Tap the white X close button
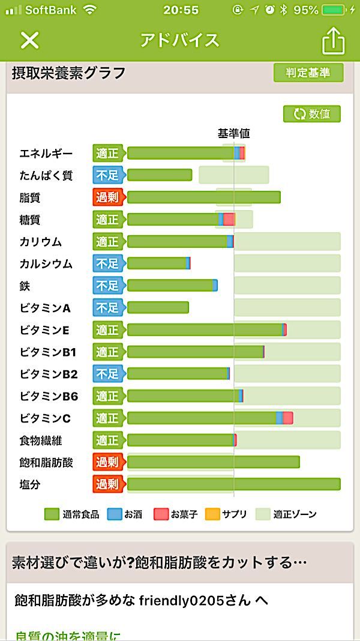pyautogui.click(x=29, y=40)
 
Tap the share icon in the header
pyautogui.click(x=334, y=41)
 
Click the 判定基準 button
pyautogui.click(x=308, y=73)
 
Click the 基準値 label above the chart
pyautogui.click(x=233, y=134)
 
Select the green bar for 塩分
pyautogui.click(x=233, y=484)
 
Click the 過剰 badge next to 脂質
pyautogui.click(x=107, y=197)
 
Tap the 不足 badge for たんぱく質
pyautogui.click(x=107, y=175)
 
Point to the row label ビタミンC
pyautogui.click(x=45, y=418)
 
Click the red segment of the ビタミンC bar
pyautogui.click(x=288, y=418)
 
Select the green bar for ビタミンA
pyautogui.click(x=158, y=308)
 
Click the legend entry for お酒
pyautogui.click(x=125, y=514)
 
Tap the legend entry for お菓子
pyautogui.click(x=175, y=514)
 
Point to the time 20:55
pyautogui.click(x=180, y=10)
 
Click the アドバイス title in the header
pyautogui.click(x=180, y=40)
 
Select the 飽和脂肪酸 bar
pyautogui.click(x=213, y=462)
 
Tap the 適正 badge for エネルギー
pyautogui.click(x=107, y=153)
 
